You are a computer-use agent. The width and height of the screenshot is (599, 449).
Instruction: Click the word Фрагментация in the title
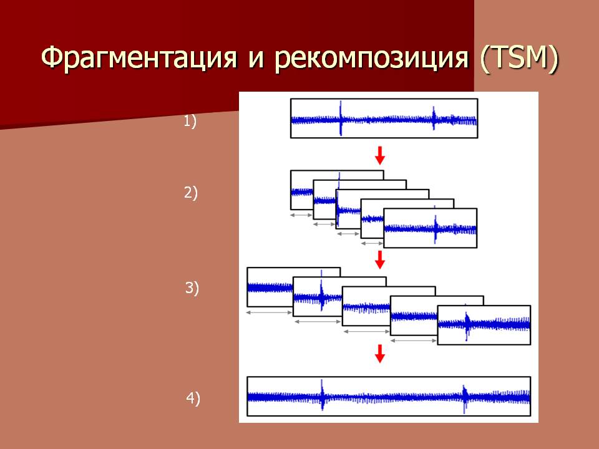[139, 59]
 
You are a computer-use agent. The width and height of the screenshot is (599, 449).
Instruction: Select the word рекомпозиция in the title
[371, 59]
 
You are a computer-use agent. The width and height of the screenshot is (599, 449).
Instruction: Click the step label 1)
[190, 122]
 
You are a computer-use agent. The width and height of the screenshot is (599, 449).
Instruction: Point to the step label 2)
[191, 193]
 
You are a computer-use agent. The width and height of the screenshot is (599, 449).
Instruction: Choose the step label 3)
[192, 288]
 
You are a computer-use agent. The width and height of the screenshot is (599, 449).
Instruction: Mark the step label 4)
[193, 398]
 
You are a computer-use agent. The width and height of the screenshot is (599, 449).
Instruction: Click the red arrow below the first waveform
[380, 155]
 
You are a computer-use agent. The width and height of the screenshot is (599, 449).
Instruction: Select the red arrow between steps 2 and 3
[380, 260]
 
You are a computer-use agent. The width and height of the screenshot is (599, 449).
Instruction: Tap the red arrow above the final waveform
[380, 354]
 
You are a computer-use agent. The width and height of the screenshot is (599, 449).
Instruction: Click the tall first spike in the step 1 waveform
[341, 118]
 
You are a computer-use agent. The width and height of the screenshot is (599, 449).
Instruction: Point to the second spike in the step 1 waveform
[434, 118]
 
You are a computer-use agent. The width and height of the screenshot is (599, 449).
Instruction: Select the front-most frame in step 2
[430, 228]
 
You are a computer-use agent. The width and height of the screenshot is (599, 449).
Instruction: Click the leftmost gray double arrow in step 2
[301, 215]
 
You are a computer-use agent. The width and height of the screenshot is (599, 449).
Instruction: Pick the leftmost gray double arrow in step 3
[270, 312]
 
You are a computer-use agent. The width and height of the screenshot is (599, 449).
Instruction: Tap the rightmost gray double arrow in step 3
[413, 340]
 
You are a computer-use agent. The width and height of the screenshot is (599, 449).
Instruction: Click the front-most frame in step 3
[484, 325]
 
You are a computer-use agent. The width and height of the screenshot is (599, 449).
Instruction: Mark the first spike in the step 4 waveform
[323, 395]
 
